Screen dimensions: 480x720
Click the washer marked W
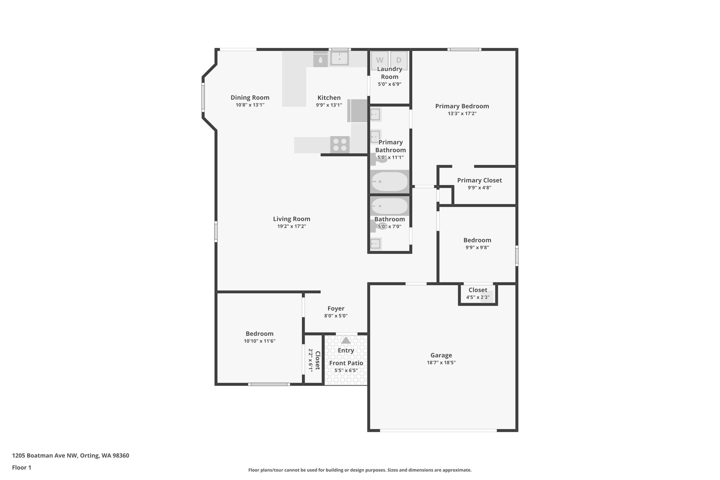pos(380,60)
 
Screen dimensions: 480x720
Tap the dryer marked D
pos(399,60)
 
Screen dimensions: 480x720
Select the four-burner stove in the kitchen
pos(340,145)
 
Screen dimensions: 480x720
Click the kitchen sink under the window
pos(339,59)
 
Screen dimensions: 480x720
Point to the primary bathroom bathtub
pos(390,181)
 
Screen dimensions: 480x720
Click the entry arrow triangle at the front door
pos(346,340)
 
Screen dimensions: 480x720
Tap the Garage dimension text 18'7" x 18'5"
pos(441,363)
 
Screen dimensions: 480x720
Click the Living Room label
pos(291,219)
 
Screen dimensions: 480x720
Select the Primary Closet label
pos(479,180)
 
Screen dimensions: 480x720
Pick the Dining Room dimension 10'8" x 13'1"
pos(250,105)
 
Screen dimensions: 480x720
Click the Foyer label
pos(336,308)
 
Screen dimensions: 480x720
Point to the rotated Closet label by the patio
pos(317,360)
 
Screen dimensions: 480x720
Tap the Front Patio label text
pos(346,363)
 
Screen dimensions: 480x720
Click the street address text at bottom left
pos(71,455)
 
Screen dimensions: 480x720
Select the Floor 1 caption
pos(21,467)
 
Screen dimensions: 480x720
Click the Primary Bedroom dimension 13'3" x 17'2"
pos(462,114)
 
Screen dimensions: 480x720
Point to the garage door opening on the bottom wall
pos(438,430)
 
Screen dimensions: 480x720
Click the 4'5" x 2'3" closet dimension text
pos(477,297)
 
